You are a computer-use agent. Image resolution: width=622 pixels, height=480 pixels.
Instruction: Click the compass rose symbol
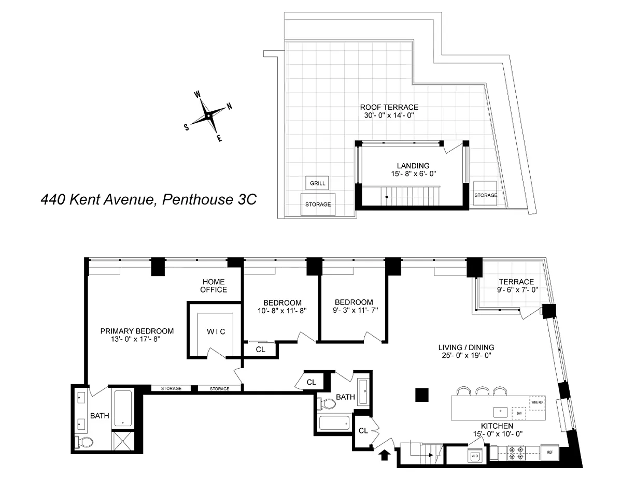click(208, 116)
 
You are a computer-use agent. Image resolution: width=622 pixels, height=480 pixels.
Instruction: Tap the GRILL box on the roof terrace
click(317, 183)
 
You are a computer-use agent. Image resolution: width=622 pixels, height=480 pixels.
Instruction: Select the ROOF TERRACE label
click(389, 107)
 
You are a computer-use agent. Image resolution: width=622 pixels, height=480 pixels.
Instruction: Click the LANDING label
click(413, 166)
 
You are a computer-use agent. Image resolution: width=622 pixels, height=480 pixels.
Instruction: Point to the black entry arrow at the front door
click(385, 455)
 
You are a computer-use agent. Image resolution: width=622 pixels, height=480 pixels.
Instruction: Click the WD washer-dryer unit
click(475, 456)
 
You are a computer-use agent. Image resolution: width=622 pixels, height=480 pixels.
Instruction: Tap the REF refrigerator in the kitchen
click(550, 452)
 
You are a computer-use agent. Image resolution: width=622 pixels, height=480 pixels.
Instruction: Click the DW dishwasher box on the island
click(517, 413)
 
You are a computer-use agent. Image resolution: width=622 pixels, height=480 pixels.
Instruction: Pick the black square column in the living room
click(422, 395)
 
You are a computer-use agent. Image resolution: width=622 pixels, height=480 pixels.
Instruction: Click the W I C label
click(216, 331)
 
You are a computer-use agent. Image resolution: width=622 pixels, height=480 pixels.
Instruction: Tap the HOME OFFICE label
click(214, 285)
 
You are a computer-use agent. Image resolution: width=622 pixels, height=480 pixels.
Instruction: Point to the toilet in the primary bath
click(84, 442)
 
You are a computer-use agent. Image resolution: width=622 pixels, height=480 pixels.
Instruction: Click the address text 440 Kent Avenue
click(149, 199)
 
